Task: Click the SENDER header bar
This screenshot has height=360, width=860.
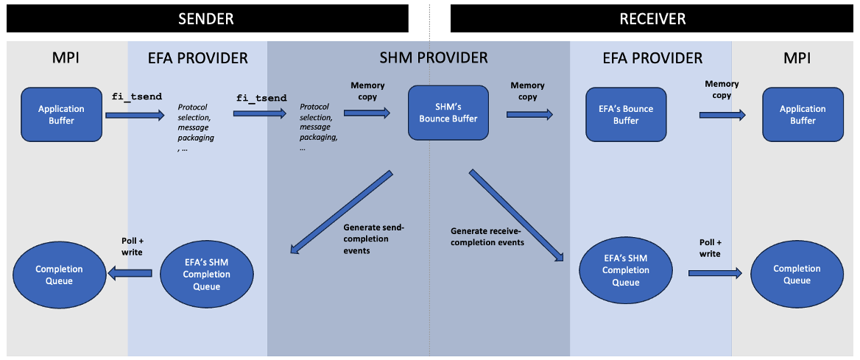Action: point(207,18)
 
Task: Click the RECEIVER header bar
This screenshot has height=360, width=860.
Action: point(651,18)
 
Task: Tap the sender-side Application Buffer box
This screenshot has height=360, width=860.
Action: point(61,114)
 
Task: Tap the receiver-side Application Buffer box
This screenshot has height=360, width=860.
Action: point(803,114)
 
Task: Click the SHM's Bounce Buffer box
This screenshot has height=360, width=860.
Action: point(448,113)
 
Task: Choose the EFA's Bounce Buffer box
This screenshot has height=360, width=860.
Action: point(626,115)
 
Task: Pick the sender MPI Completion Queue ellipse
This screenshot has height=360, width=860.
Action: point(59,275)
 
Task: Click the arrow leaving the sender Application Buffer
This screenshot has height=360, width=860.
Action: point(135,115)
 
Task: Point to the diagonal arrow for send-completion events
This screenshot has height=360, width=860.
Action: point(341,212)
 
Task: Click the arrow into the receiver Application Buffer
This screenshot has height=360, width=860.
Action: point(722,115)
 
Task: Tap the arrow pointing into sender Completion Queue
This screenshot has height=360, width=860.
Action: point(130,273)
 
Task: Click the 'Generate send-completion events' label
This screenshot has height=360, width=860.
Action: point(373,239)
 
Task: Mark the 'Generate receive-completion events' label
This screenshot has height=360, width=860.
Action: point(487,236)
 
